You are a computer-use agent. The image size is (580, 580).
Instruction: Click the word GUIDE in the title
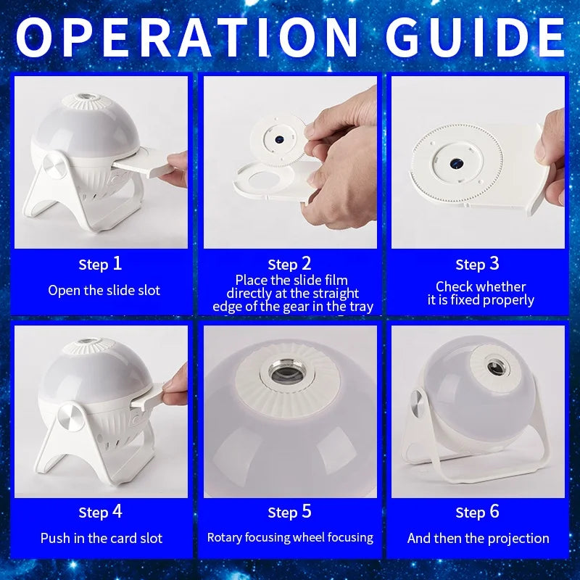[476, 38]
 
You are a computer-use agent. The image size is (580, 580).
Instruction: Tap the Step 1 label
[100, 264]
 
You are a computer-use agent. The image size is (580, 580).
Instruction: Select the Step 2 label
[289, 264]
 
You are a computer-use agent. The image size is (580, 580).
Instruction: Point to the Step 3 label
[478, 264]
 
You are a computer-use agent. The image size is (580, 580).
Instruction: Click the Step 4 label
[100, 512]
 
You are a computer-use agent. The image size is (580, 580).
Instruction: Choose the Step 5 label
[289, 512]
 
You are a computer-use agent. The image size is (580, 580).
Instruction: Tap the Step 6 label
[478, 512]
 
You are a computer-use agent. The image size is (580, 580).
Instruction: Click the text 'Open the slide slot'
[104, 291]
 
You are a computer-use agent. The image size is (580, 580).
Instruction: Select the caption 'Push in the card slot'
[101, 538]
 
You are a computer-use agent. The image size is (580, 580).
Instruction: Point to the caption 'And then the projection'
[478, 538]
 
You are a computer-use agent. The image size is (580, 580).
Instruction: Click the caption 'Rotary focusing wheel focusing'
[290, 537]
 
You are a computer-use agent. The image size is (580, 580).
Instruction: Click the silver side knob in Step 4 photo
[72, 417]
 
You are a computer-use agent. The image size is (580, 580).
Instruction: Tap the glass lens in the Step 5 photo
[286, 374]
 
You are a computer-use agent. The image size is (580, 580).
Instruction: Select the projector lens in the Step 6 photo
[496, 367]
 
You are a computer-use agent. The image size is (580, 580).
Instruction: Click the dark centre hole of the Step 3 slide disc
[456, 163]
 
